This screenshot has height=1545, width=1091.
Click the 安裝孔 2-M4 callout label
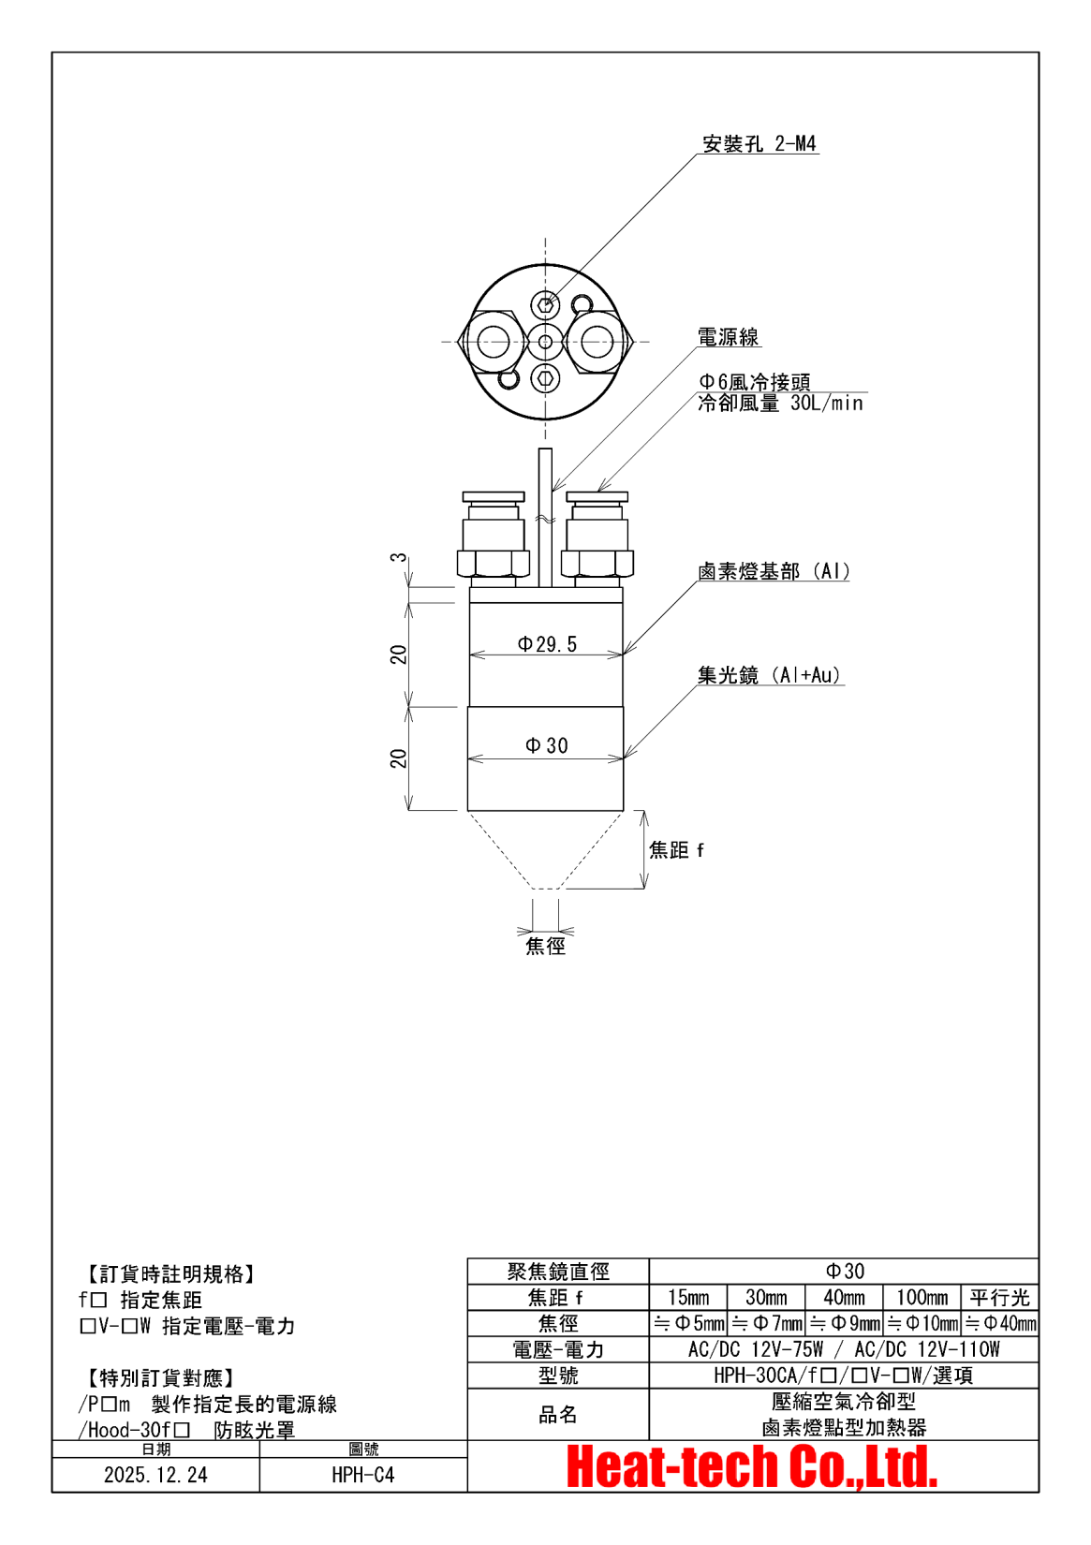coord(759,144)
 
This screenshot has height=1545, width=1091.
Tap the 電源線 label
coord(728,337)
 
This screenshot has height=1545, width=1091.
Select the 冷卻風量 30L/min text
coord(780,404)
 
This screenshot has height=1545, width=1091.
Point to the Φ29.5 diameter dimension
coord(547,644)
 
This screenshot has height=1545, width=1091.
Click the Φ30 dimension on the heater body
coord(547,745)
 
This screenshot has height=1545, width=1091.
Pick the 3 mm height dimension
coord(399,558)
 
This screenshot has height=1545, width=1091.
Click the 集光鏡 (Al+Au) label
coord(770,675)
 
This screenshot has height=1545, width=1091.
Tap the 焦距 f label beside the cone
coord(676,850)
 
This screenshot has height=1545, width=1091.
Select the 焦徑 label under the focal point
coord(545,946)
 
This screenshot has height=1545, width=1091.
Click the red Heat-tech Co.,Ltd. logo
coord(752,1467)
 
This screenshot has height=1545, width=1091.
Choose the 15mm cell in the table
coord(688,1298)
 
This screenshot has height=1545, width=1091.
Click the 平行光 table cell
coord(999,1298)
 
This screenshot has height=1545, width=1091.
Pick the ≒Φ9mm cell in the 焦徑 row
coord(845,1324)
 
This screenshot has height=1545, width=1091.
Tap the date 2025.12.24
coord(155,1476)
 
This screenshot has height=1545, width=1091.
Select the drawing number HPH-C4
coord(363,1476)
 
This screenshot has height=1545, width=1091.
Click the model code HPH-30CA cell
coord(843,1376)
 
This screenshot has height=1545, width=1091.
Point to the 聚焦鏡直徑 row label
coord(558,1272)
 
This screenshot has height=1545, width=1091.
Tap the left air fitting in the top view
coord(493,341)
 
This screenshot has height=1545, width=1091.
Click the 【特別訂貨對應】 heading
coord(160,1378)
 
